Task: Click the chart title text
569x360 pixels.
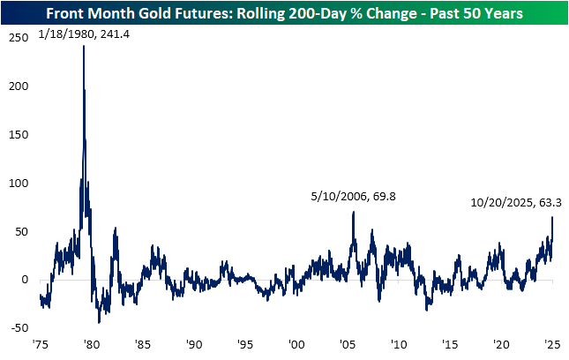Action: pyautogui.click(x=284, y=14)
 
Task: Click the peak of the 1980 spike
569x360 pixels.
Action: pyautogui.click(x=84, y=46)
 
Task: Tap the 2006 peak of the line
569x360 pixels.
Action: pyautogui.click(x=353, y=212)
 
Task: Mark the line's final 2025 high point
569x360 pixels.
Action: pyautogui.click(x=552, y=218)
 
